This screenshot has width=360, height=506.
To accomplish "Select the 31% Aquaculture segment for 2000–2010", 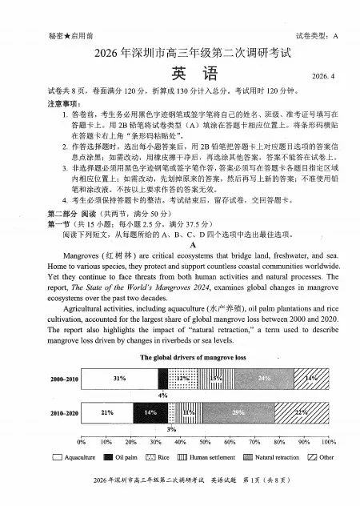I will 119,377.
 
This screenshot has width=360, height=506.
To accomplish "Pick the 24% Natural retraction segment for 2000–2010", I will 265,377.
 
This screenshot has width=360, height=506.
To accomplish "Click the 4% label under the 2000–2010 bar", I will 163,395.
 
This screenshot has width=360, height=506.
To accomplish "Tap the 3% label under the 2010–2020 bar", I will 171,429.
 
